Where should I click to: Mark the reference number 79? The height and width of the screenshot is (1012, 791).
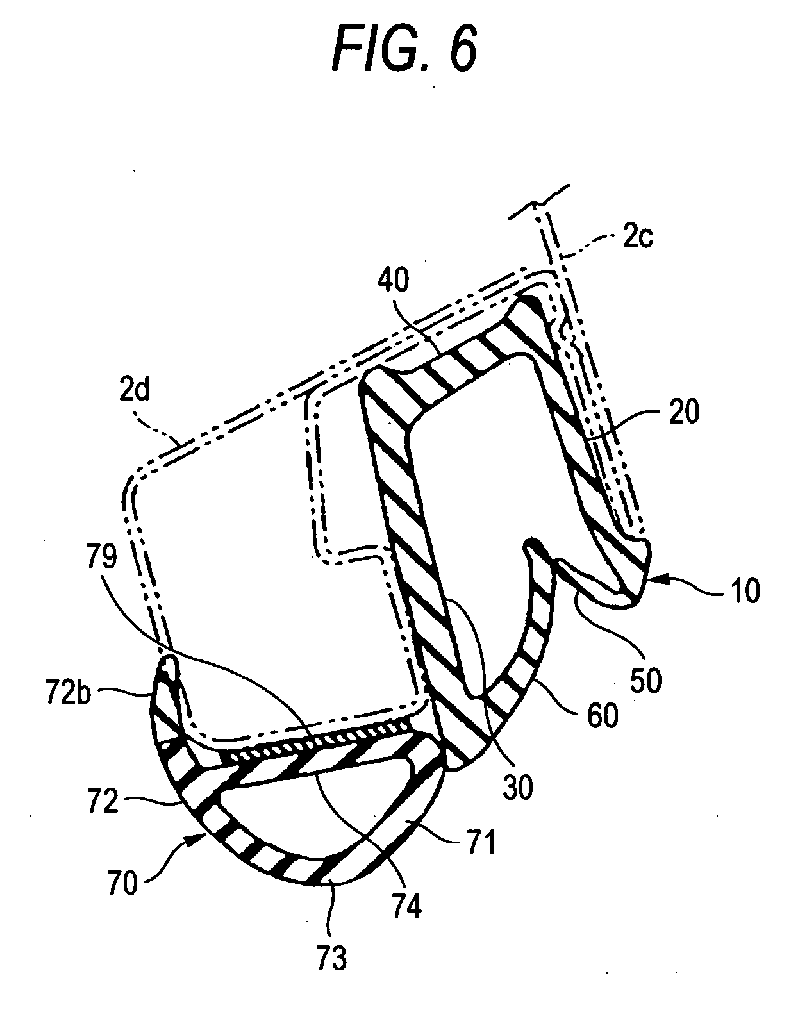(99, 558)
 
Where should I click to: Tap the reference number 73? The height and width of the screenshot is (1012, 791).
(331, 958)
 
